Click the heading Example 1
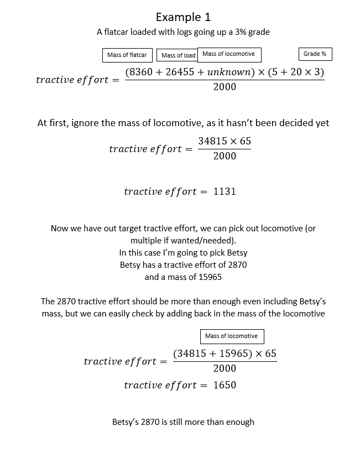pos(183,17)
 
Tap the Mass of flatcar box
pos(127,55)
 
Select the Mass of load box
pos(178,55)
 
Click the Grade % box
pos(315,54)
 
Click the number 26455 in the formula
pos(179,72)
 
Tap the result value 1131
pos(225,191)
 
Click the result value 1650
pos(225,385)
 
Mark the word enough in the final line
pos(239,422)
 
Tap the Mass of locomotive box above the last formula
pos(231,336)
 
